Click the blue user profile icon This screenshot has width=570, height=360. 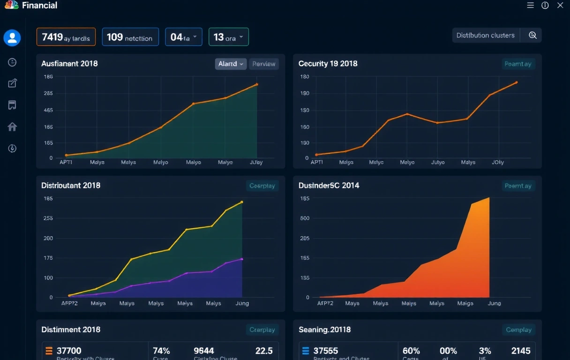(12, 37)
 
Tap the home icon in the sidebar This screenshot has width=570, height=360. (12, 127)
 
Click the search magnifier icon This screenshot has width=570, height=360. (532, 35)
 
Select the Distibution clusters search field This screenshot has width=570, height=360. (486, 35)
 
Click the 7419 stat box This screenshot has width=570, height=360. (66, 37)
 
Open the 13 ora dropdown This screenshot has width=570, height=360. (228, 37)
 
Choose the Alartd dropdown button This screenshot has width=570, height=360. (231, 64)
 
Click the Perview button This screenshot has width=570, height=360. (264, 64)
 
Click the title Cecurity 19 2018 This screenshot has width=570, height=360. (328, 64)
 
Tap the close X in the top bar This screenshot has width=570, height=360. (560, 5)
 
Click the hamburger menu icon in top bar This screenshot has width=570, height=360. (531, 5)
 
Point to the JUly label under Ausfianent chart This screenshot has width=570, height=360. (256, 162)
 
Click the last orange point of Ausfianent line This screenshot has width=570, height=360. (257, 84)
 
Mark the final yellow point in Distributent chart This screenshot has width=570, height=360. (242, 202)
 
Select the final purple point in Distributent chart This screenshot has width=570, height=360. (242, 259)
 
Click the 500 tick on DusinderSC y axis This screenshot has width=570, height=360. (305, 218)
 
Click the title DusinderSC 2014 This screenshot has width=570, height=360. (329, 186)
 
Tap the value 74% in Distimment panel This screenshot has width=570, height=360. (161, 351)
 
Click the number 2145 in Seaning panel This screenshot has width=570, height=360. (520, 351)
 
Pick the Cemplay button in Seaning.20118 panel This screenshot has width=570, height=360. (518, 330)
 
